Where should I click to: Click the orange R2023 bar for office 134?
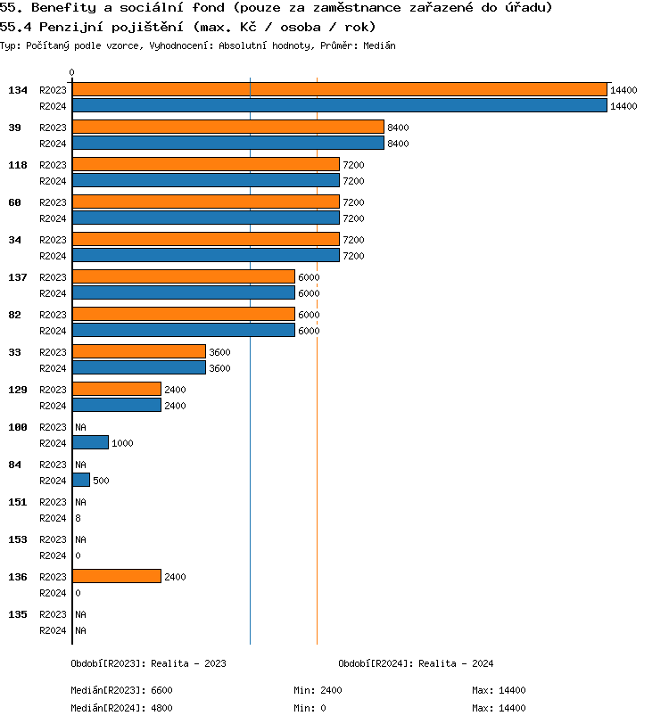(339, 89)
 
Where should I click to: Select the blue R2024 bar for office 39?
(227, 143)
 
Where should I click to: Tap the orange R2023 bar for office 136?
(116, 576)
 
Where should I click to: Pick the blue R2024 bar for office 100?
(90, 442)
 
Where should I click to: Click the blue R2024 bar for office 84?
(81, 480)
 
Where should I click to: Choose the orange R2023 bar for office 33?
(138, 351)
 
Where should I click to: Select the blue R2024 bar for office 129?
(116, 405)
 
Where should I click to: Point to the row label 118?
(18, 165)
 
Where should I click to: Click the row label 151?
(18, 502)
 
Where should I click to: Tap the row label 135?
(18, 614)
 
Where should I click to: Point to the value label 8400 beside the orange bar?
(398, 128)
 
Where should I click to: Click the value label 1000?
(122, 443)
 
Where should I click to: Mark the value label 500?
(101, 481)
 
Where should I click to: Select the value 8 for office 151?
(78, 518)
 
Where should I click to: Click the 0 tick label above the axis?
(72, 73)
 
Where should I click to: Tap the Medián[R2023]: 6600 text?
(121, 690)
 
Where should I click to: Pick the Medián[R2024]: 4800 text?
(121, 708)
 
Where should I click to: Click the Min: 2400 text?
(318, 690)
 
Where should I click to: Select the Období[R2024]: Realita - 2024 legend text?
(416, 663)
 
